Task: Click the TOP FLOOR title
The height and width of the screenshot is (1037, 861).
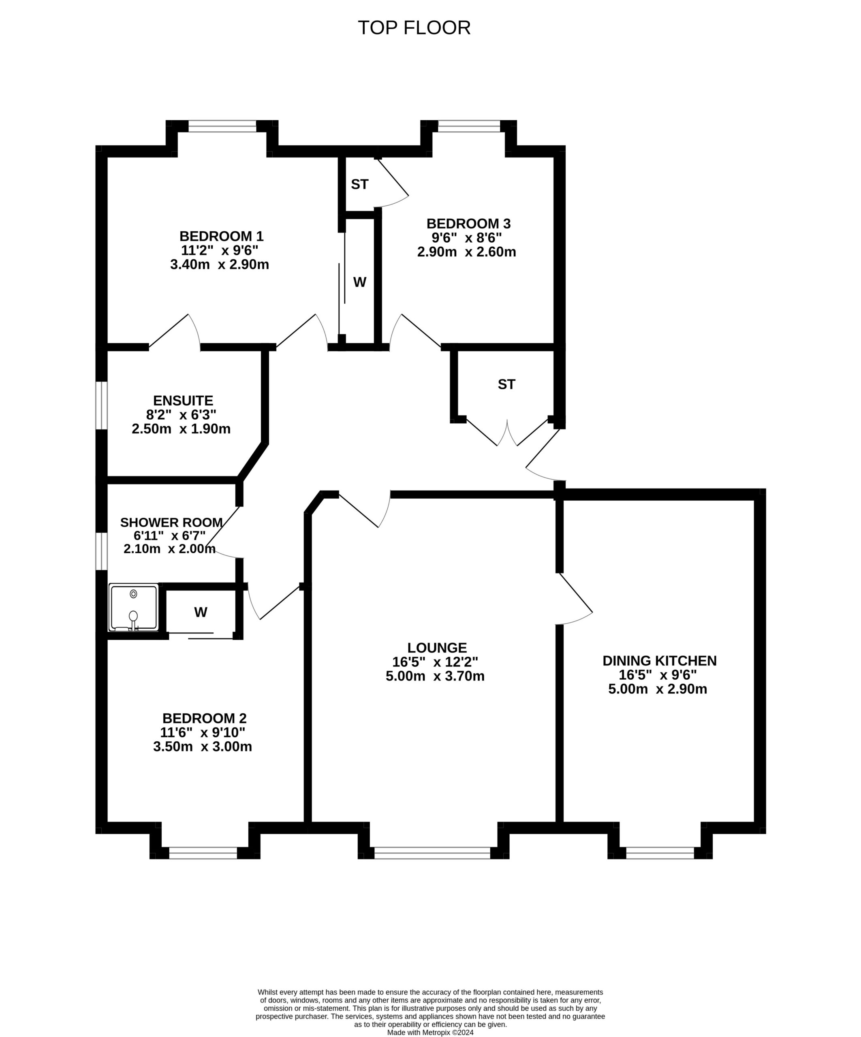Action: [x=414, y=28]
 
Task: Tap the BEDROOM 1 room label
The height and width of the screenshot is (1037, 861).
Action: [x=221, y=236]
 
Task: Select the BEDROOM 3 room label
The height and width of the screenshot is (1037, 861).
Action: [x=468, y=224]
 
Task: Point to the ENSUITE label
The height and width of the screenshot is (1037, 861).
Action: [x=183, y=401]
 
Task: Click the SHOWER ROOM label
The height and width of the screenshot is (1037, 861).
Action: [x=171, y=523]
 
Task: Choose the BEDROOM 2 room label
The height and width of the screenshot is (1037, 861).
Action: [x=204, y=718]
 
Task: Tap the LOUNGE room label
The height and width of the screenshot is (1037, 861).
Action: [x=437, y=647]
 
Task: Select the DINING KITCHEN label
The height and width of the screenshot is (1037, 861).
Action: [x=660, y=661]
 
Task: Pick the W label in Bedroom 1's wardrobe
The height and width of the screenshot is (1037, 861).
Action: [x=360, y=282]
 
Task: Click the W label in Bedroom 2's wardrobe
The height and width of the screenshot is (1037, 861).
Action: [x=201, y=612]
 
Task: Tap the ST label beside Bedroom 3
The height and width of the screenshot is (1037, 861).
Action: [x=360, y=184]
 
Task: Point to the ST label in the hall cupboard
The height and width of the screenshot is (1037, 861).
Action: [x=506, y=384]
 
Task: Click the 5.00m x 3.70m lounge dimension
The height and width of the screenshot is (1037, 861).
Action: [x=435, y=676]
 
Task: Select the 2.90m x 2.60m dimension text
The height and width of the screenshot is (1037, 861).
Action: [x=466, y=252]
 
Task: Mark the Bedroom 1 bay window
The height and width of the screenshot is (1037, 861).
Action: [x=222, y=126]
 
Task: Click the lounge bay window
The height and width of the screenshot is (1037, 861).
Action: [x=432, y=853]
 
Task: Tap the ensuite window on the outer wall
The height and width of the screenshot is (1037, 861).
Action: [x=101, y=405]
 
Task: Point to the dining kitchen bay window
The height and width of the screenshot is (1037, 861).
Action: [x=660, y=853]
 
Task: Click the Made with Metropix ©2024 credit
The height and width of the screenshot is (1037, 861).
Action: [x=430, y=1032]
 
